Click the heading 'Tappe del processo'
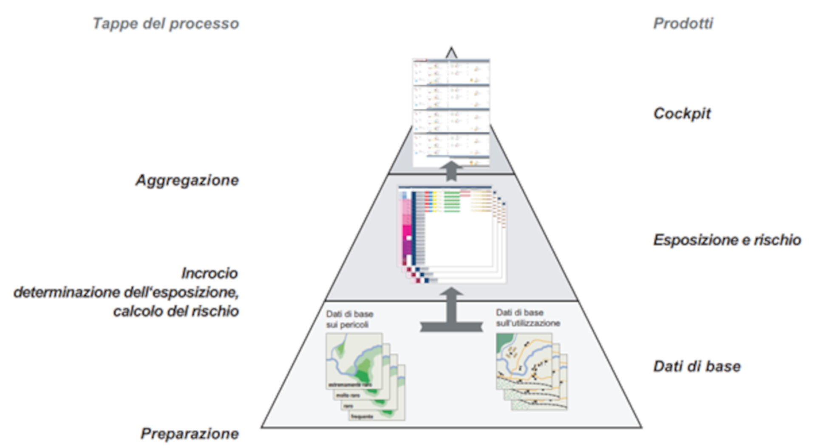(x=166, y=24)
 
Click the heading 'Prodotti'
(x=683, y=24)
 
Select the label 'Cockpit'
(x=682, y=114)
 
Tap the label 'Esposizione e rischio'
(x=727, y=240)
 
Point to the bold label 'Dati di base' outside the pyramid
(x=697, y=366)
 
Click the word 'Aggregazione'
(x=187, y=180)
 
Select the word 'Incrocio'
(x=209, y=273)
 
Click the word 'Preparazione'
(x=190, y=434)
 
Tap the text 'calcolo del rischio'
(x=176, y=311)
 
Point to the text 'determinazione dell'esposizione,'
(x=126, y=293)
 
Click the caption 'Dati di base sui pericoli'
(x=349, y=319)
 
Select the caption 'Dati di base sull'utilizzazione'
(x=527, y=318)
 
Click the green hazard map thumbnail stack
(x=361, y=374)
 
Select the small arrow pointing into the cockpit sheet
(x=451, y=170)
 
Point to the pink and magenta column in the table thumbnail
(x=407, y=229)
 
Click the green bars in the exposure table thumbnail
(x=452, y=201)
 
